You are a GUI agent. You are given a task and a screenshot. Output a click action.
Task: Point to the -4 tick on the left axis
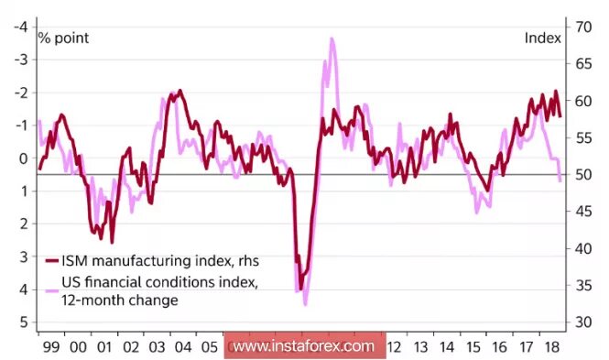pyautogui.click(x=19, y=27)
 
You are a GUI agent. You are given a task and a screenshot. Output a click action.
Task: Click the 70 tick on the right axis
pyautogui.click(x=580, y=27)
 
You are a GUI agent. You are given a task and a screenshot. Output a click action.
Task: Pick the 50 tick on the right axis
pyautogui.click(x=580, y=174)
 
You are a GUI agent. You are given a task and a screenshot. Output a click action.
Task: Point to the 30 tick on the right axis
pyautogui.click(x=580, y=322)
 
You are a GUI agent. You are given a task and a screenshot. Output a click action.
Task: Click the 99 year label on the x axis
pyautogui.click(x=50, y=347)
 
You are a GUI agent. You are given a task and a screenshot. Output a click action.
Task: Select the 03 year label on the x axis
pyautogui.click(x=158, y=347)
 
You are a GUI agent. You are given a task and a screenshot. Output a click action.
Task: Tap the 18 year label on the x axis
pyautogui.click(x=552, y=347)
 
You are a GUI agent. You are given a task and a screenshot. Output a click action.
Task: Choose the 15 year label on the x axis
pyautogui.click(x=473, y=347)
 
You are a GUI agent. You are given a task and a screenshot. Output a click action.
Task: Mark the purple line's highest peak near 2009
pyautogui.click(x=332, y=38)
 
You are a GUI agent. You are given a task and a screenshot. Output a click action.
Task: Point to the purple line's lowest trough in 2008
pyautogui.click(x=305, y=303)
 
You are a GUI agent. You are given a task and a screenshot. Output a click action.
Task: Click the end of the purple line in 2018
pyautogui.click(x=560, y=180)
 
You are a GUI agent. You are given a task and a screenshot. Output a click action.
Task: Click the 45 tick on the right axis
pyautogui.click(x=580, y=212)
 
